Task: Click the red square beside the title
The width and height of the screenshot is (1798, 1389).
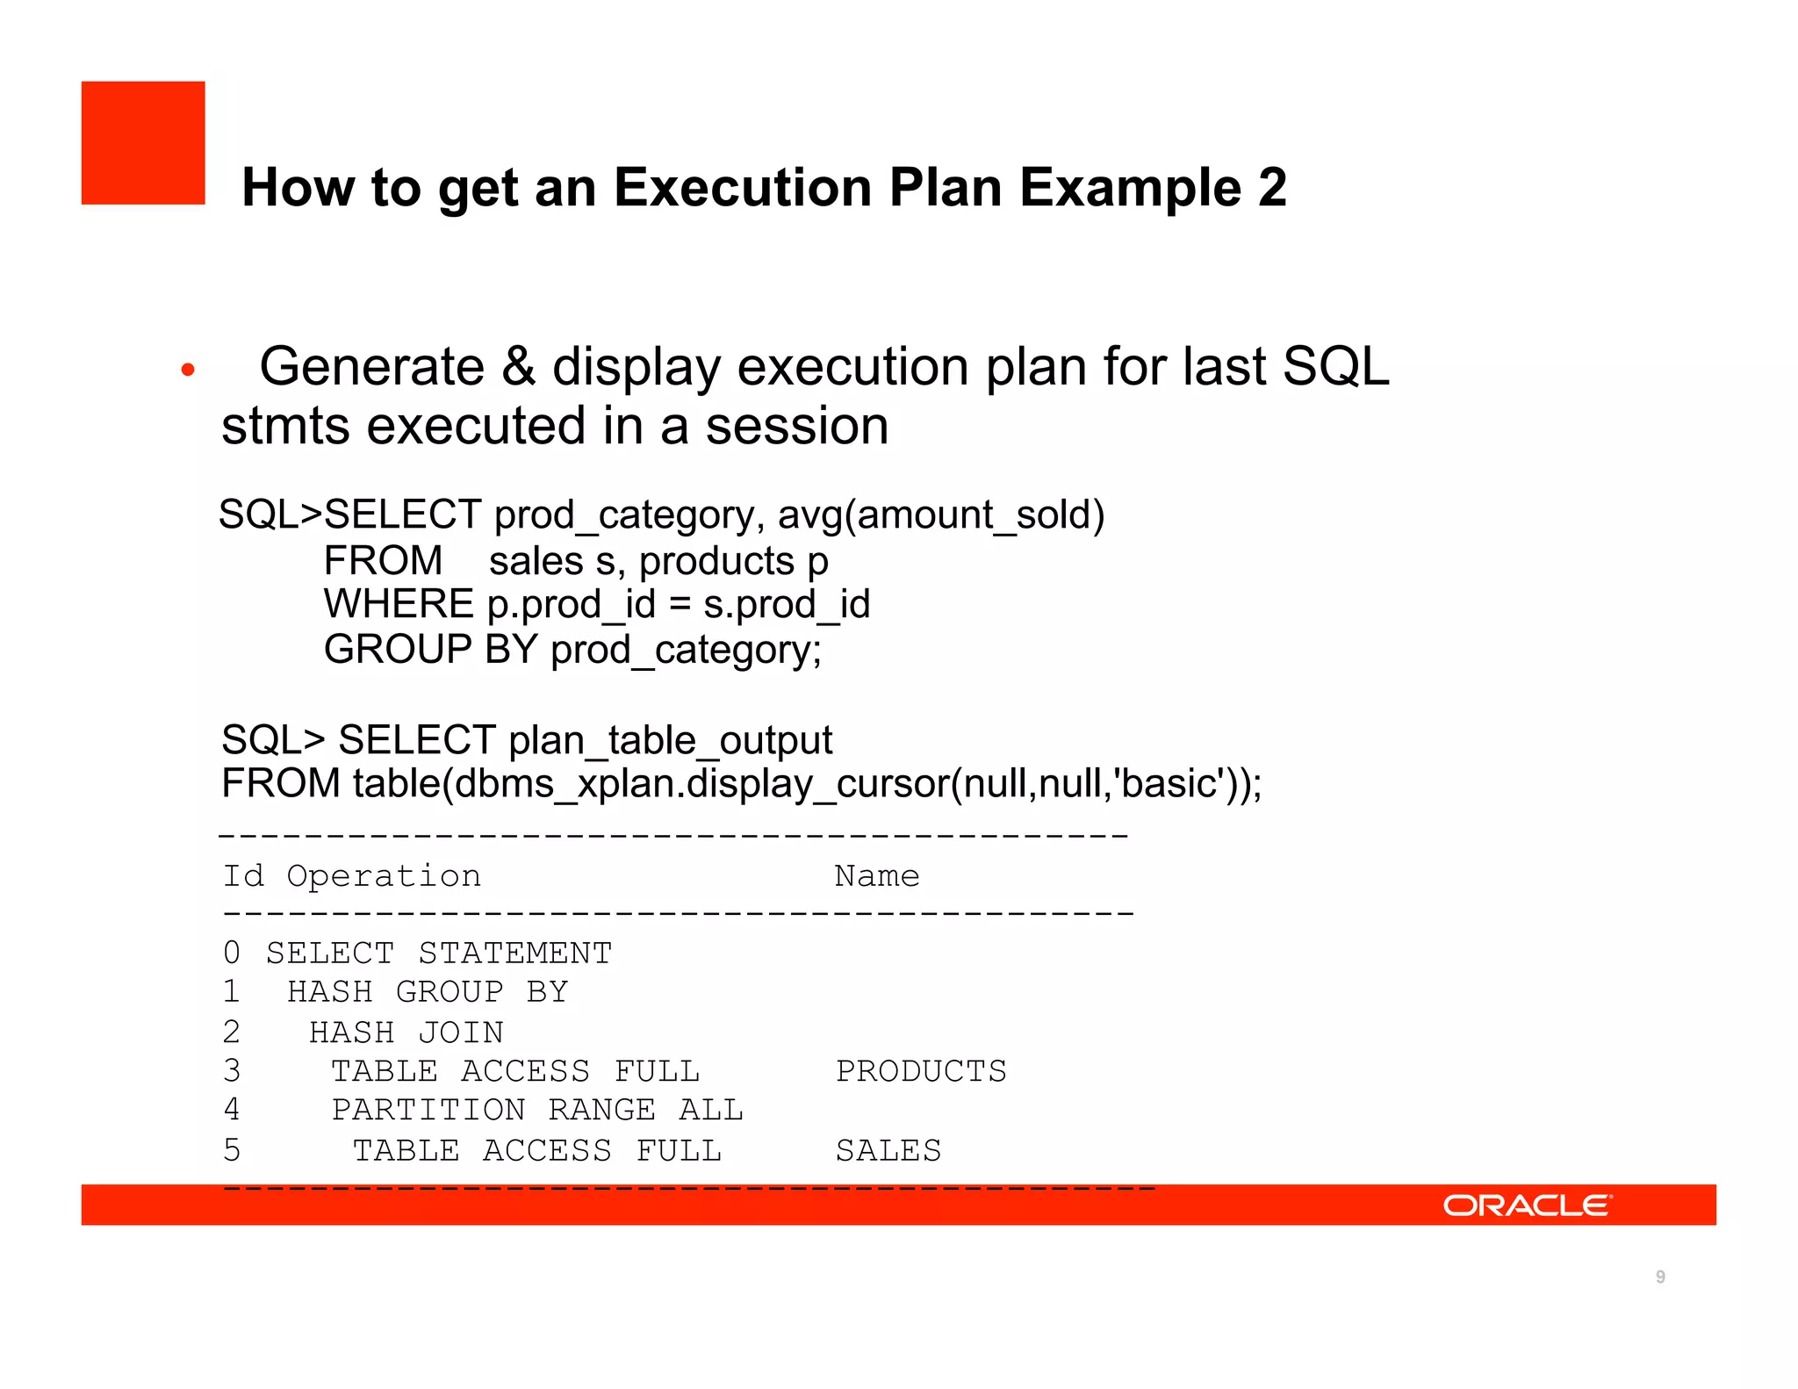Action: point(143,143)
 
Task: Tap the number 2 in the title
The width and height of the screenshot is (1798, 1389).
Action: point(1271,188)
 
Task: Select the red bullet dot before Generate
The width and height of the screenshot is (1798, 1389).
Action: point(187,370)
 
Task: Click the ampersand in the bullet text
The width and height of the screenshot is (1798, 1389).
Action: point(518,367)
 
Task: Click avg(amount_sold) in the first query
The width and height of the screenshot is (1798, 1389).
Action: point(940,515)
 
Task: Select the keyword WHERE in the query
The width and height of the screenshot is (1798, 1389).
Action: point(399,605)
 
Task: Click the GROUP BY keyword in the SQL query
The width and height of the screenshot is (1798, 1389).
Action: point(430,651)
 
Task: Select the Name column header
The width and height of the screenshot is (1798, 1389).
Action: point(876,876)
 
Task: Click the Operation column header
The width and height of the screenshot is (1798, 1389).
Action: point(384,876)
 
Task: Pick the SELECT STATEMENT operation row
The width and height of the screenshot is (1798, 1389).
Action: point(438,954)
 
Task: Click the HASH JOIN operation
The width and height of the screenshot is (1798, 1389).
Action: point(406,1033)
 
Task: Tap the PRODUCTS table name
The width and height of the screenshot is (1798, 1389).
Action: point(920,1071)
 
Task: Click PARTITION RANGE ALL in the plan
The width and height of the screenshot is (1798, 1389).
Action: point(536,1111)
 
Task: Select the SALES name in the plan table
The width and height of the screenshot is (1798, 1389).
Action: point(888,1150)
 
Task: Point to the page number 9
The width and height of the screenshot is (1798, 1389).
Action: point(1659,1277)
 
